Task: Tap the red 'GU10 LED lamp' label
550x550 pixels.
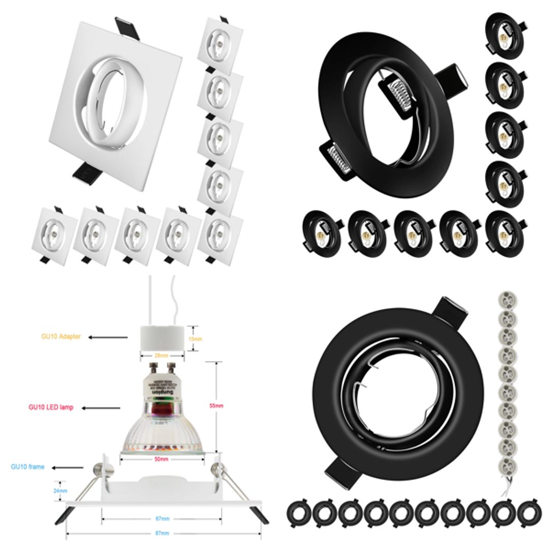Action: click(50, 407)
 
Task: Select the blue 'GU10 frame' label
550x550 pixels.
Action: click(29, 466)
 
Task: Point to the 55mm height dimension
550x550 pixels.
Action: click(219, 406)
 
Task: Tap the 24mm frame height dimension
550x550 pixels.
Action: click(60, 491)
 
